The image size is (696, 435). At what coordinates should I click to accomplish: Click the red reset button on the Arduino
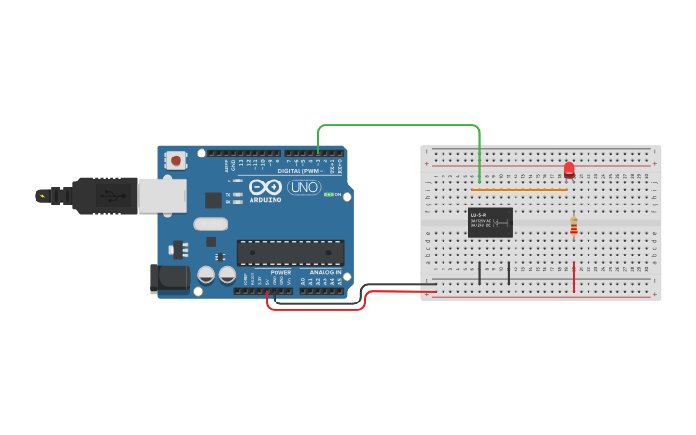tap(177, 159)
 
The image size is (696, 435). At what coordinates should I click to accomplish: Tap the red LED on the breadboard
tap(569, 169)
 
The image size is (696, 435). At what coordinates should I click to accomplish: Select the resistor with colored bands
tap(574, 226)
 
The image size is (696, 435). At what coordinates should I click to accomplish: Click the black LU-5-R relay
tap(490, 223)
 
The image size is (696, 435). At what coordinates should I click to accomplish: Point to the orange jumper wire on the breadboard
tap(523, 190)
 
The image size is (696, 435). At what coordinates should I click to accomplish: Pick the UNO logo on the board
tap(304, 187)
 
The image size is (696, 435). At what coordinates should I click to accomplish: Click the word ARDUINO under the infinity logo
tap(266, 200)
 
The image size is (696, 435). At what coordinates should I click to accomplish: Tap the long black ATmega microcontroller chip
tap(290, 253)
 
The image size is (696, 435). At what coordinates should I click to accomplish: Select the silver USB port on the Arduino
tap(162, 195)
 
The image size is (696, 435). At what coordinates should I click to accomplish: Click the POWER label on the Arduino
tap(280, 272)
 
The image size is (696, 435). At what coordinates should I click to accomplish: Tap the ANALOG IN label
tap(324, 272)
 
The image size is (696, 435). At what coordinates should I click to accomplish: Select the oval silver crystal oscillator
tap(211, 225)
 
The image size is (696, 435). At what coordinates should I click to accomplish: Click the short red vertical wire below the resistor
tap(574, 277)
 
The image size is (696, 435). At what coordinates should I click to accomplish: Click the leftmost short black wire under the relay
tap(479, 272)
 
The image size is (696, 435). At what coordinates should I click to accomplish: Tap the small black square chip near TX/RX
tap(213, 200)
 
